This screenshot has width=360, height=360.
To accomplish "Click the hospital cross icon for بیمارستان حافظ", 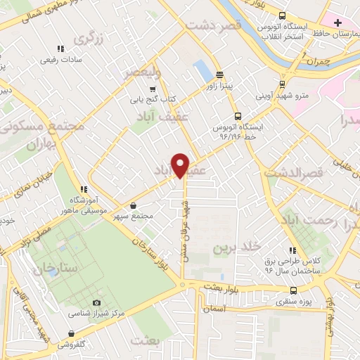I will pos(338,22).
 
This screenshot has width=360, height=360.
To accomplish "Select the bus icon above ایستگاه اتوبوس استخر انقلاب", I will pos(282,15).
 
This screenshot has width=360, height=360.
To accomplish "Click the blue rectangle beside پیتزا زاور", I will pos(202,70).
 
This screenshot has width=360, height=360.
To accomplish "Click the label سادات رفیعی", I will pos(60,60).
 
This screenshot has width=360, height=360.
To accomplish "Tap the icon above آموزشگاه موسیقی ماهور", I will pos(84,189).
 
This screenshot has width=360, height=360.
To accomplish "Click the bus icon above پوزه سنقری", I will pos(293,290).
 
